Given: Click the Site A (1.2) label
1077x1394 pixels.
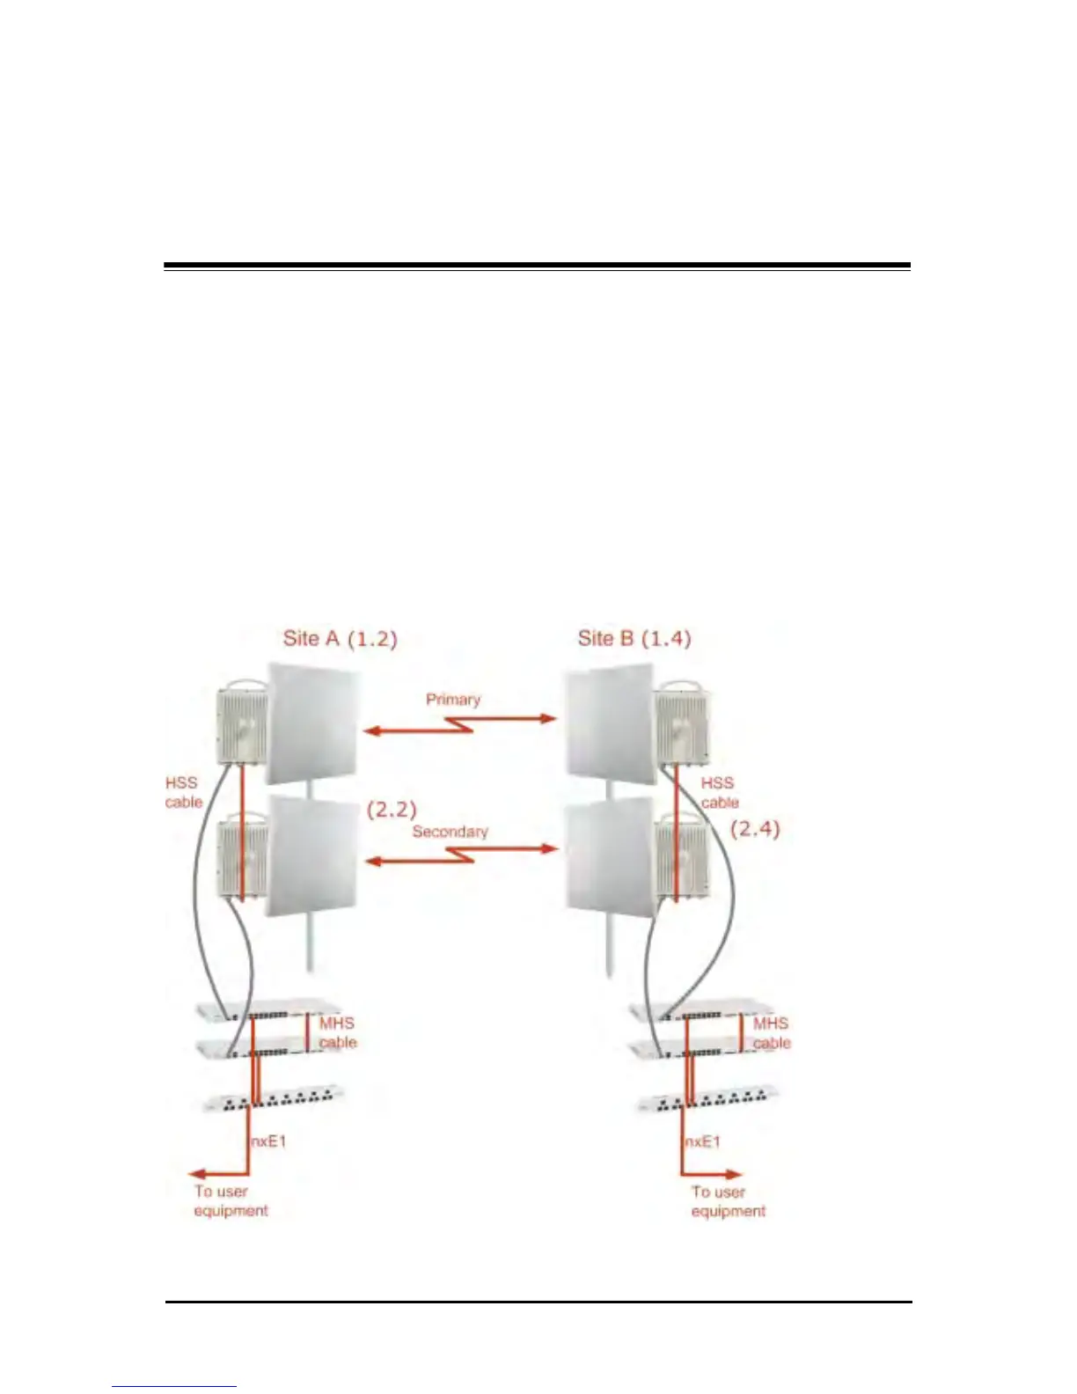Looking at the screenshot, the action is click(x=340, y=638).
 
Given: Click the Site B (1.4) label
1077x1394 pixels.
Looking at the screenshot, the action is click(x=634, y=638).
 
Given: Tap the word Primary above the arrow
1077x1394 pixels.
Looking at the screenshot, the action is click(x=453, y=700).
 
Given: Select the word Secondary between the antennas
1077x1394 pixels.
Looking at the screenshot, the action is click(x=450, y=832).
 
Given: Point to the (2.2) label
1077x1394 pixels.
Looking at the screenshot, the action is click(x=392, y=810).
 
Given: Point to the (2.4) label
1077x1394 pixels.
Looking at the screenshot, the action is click(x=755, y=828).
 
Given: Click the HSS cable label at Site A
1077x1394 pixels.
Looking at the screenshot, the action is click(x=183, y=792).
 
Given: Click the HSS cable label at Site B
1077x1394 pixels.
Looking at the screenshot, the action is click(x=719, y=792).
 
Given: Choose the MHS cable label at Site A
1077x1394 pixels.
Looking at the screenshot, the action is click(x=337, y=1032).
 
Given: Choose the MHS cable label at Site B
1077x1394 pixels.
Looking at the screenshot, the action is click(x=771, y=1032).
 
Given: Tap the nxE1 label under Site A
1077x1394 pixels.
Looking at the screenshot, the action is click(x=268, y=1141).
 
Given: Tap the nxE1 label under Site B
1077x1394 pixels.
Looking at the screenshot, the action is click(x=702, y=1141).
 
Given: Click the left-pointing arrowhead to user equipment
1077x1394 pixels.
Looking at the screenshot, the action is click(x=200, y=1173).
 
